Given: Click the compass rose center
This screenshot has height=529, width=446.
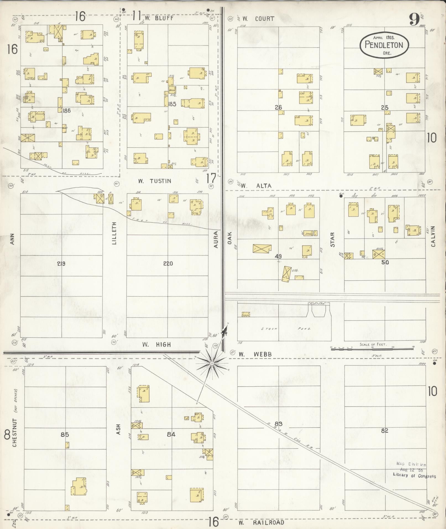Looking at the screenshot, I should point(212,363).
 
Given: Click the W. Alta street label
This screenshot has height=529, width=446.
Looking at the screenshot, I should point(256,186).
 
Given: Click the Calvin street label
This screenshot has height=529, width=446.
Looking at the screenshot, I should point(433,236).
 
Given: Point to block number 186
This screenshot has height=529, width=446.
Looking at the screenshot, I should point(67,111).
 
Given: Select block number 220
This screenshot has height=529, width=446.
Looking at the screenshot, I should point(168,263).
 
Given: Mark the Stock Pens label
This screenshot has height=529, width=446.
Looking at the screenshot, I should point(286,329).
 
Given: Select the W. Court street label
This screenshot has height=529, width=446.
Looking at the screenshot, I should point(258,19).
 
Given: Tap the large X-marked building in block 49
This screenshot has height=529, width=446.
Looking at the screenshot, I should point(262,248).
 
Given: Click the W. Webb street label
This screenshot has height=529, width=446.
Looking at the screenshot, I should point(255,354).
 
